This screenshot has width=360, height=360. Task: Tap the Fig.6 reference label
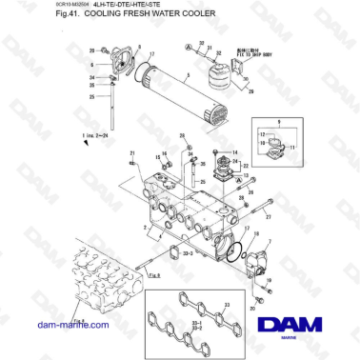pos(156,271)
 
